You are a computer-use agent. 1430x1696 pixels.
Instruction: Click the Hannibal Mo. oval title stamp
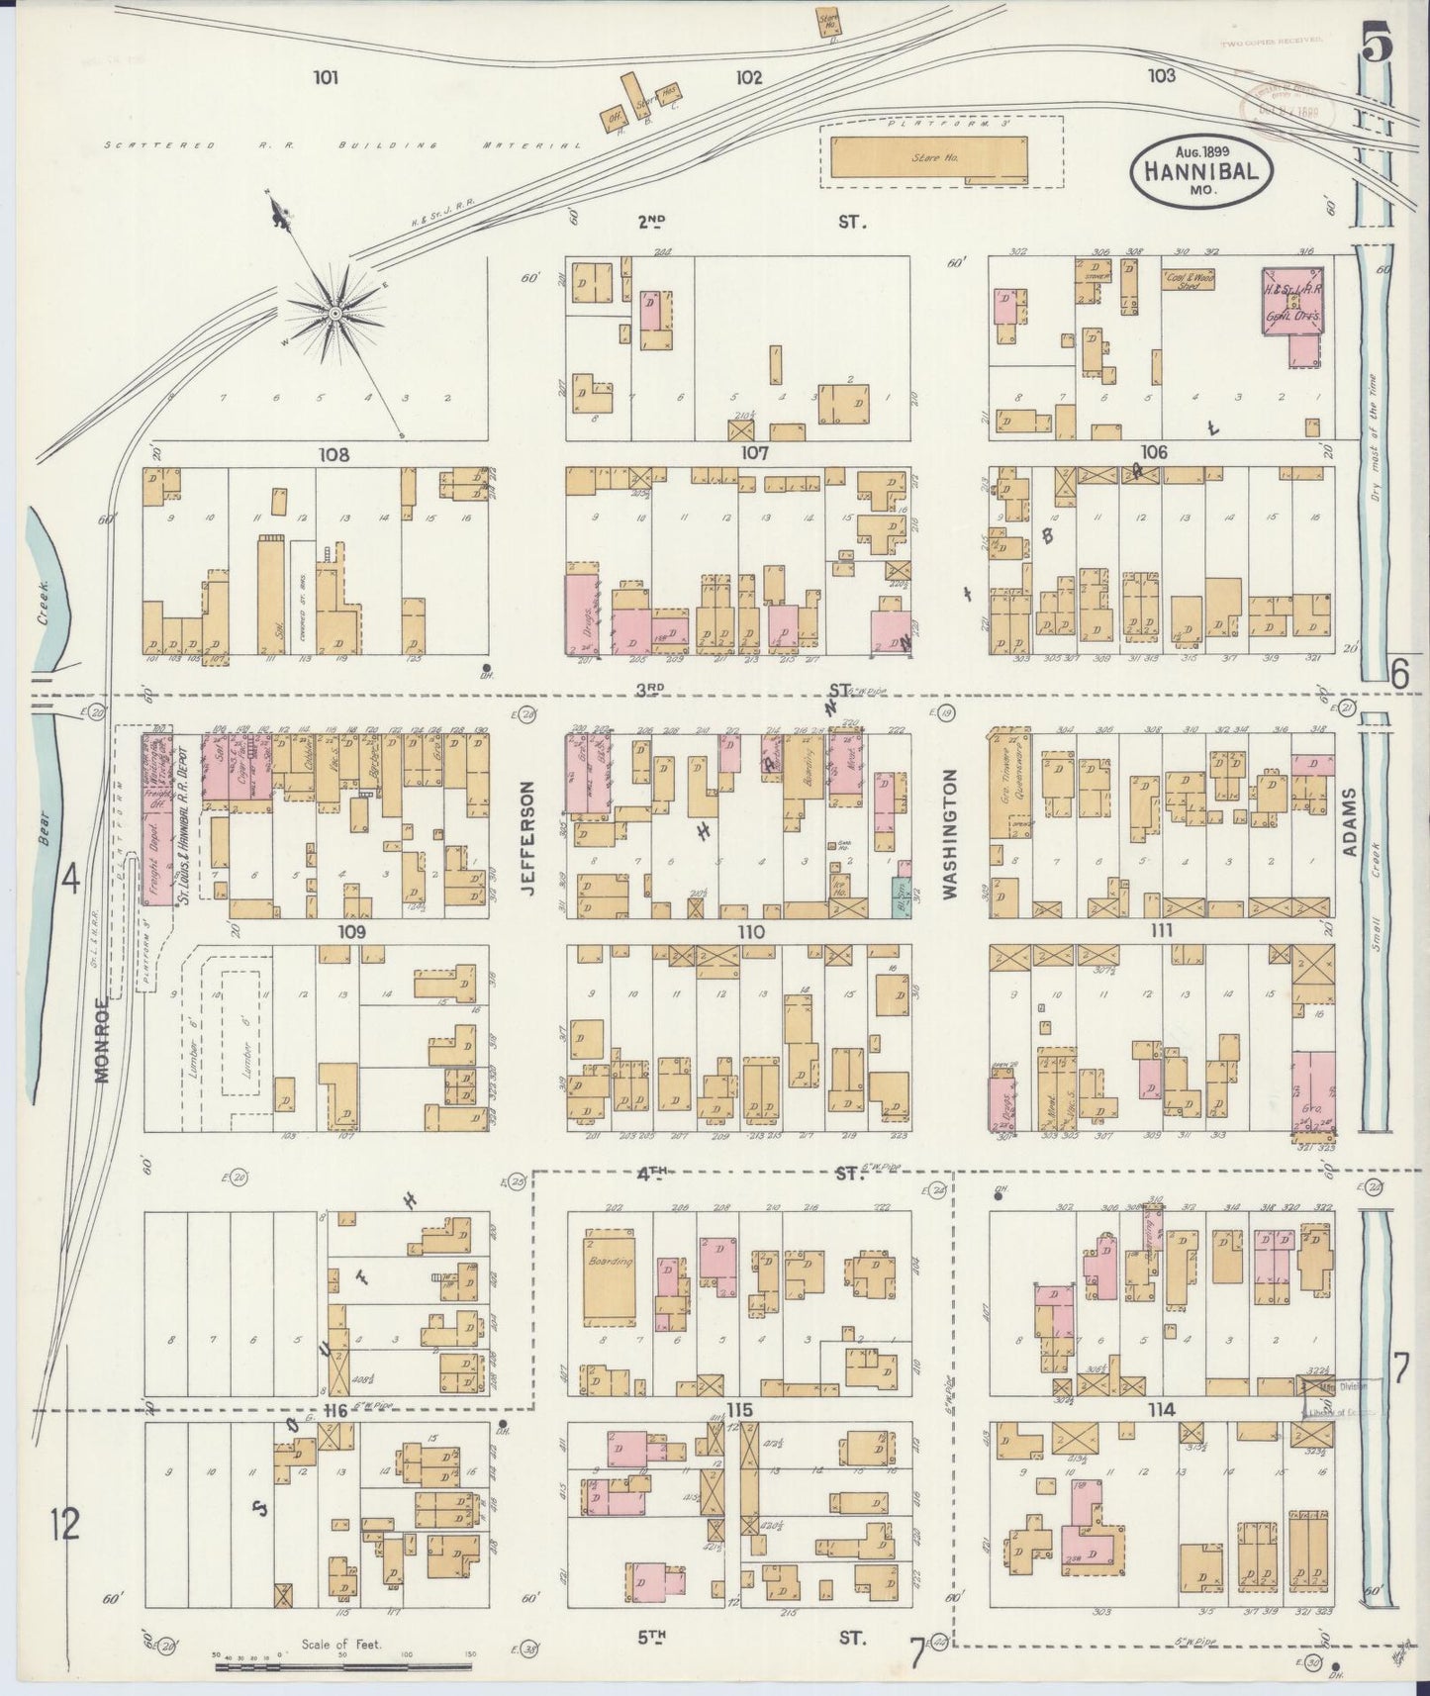pyautogui.click(x=1201, y=170)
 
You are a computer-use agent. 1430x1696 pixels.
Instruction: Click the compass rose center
pyautogui.click(x=334, y=313)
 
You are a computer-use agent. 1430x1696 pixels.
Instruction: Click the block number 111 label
pyautogui.click(x=1162, y=930)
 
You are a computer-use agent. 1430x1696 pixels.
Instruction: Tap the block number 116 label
pyautogui.click(x=336, y=1411)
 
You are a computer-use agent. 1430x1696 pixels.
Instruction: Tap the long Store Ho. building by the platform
pyautogui.click(x=928, y=158)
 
